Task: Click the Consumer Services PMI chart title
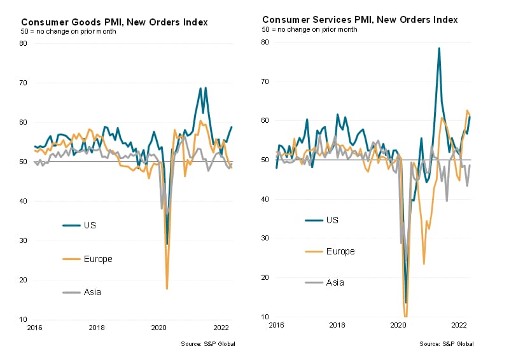pos(359,20)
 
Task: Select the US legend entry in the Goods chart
pos(90,225)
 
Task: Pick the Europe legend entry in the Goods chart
pos(97,259)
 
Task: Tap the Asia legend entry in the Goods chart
pos(92,293)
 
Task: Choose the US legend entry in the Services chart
pos(331,219)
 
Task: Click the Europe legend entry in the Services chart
pos(340,251)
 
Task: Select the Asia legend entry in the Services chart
pos(335,282)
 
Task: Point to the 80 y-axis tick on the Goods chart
pos(24,43)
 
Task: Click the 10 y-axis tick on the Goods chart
pos(24,319)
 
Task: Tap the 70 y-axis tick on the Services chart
pos(265,81)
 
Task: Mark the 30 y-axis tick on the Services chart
pos(265,239)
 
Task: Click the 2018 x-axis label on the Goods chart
pos(97,328)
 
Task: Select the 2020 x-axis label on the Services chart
pos(398,325)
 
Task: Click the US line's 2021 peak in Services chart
pos(439,48)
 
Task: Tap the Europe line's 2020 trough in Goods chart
pos(167,288)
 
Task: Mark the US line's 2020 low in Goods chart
pos(167,244)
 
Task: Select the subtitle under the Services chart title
pos(310,30)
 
